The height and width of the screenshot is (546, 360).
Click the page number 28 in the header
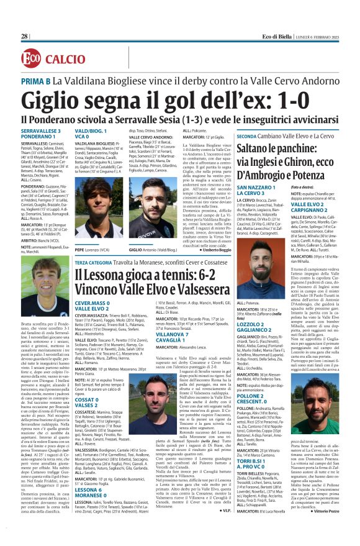(x=25, y=37)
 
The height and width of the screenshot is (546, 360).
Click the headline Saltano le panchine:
(x=291, y=148)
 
